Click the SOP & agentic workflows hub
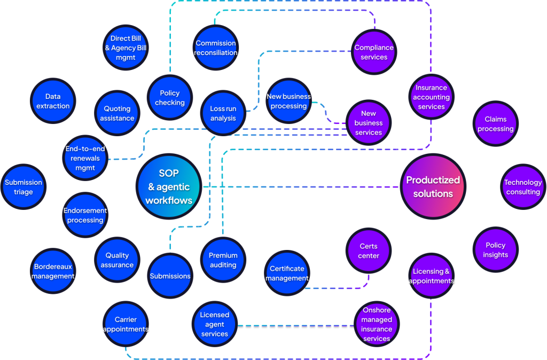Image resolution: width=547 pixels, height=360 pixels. pos(169,186)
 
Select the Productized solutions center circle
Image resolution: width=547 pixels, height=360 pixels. pos(433,186)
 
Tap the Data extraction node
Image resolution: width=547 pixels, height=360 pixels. pos(53,101)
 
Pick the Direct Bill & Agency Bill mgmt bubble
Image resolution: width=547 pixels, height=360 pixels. pos(126,48)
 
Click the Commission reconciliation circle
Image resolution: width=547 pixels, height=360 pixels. pos(216,48)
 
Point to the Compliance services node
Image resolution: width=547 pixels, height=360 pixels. pos(374,52)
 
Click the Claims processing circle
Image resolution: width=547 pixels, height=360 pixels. pos(495,124)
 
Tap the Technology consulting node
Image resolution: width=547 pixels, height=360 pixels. pos(522,187)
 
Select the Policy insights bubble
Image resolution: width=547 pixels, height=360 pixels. pos(495,250)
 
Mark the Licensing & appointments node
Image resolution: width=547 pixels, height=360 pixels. pos(431,276)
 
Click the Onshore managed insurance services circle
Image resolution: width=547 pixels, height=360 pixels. pos(377,324)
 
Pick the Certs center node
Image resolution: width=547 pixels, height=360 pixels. pos(369,251)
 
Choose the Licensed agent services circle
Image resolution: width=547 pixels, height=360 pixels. pos(214,324)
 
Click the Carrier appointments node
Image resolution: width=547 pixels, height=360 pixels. pos(126,324)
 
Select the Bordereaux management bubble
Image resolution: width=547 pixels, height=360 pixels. pos(53,271)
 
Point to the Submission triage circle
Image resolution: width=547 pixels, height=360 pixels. pos(24,187)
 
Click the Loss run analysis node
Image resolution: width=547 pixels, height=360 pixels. pos(223,113)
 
